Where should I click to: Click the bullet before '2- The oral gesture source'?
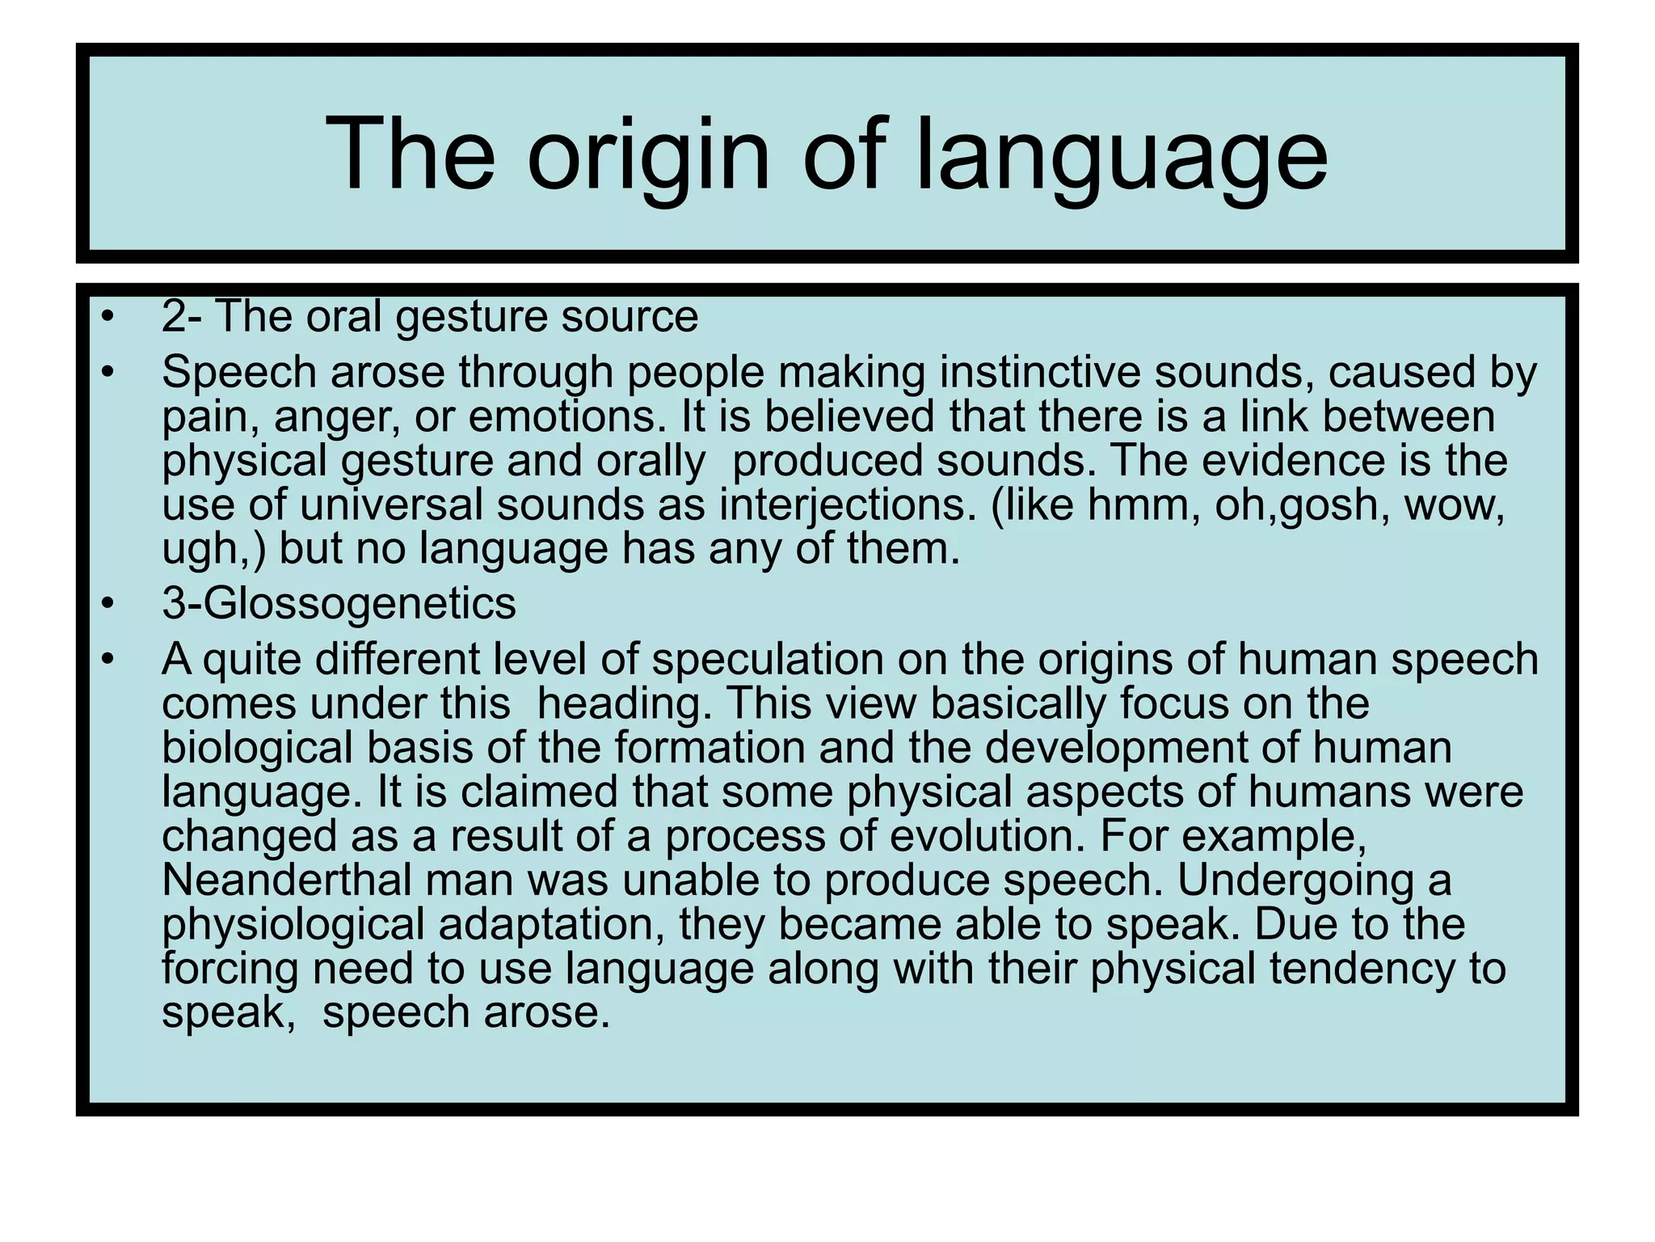coord(107,318)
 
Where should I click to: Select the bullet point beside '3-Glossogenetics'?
coord(107,605)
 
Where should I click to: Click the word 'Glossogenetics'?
coord(359,605)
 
